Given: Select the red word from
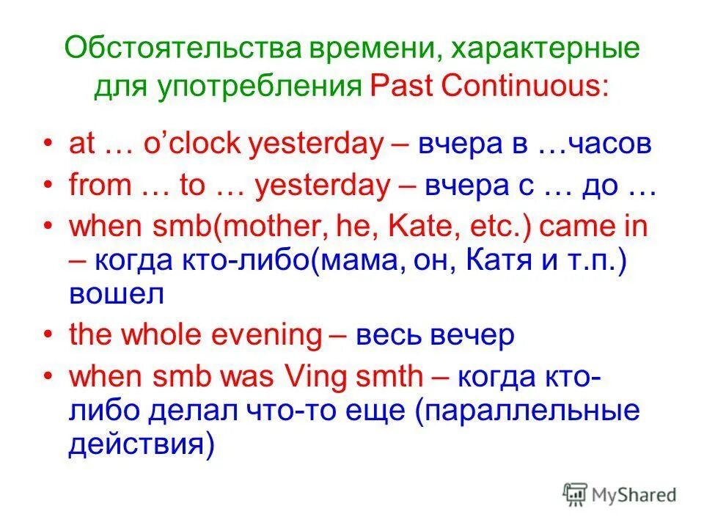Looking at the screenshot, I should click(99, 186).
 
